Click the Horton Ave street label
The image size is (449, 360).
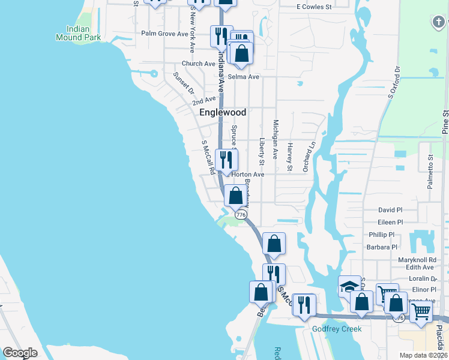[248, 175]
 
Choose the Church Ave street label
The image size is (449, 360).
[198, 64]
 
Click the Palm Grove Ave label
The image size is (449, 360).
[164, 34]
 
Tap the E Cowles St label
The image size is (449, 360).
[314, 7]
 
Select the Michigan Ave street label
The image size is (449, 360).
[276, 139]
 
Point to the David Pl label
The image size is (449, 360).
[390, 210]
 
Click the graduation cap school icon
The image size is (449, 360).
[349, 286]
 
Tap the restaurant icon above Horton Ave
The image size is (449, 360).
[226, 160]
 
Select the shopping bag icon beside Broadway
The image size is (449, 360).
[236, 196]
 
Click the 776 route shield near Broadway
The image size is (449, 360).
[241, 214]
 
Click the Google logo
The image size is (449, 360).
[20, 353]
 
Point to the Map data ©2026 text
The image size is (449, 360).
[423, 355]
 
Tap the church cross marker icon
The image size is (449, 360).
[439, 23]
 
